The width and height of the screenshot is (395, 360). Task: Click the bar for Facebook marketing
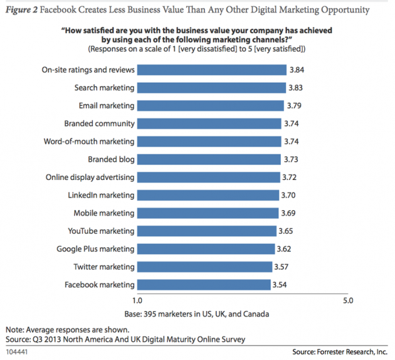click(203, 285)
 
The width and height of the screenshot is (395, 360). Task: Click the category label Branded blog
click(111, 159)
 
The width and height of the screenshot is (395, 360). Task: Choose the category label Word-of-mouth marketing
click(91, 141)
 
